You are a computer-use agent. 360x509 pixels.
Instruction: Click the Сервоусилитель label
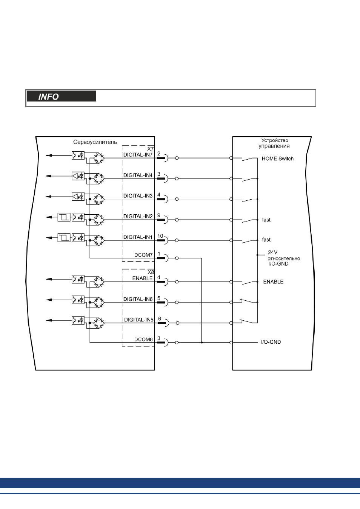pos(95,142)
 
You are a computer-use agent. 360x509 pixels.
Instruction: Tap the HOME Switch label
pos(277,158)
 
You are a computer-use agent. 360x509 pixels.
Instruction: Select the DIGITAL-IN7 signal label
pos(138,155)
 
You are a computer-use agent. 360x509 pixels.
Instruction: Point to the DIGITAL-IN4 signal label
pos(138,175)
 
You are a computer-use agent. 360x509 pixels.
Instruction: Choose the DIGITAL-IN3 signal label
pos(138,196)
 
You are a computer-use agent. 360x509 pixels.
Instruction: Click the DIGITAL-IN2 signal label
pos(138,216)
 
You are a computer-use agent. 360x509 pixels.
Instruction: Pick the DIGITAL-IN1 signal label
pos(138,237)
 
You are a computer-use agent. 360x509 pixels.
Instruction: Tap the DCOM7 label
pos(143,255)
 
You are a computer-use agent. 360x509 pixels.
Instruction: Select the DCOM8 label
pos(143,339)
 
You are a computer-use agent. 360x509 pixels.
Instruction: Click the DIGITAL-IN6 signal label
pos(138,299)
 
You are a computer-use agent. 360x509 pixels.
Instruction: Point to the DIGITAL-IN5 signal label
pos(139,320)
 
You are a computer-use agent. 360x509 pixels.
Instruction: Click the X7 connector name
pos(151,149)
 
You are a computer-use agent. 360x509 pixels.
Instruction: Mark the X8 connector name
pos(151,272)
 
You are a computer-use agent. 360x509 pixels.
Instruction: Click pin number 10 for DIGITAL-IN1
pos(160,236)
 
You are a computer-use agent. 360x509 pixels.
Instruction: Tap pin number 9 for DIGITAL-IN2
pos(158,215)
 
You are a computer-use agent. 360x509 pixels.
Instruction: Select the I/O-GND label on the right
pos(271,342)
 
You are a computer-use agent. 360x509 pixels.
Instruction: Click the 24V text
pos(272,252)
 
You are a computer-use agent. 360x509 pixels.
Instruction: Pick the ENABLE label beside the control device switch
pos(273,282)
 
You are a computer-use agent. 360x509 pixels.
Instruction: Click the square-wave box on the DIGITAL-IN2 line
pos(64,217)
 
